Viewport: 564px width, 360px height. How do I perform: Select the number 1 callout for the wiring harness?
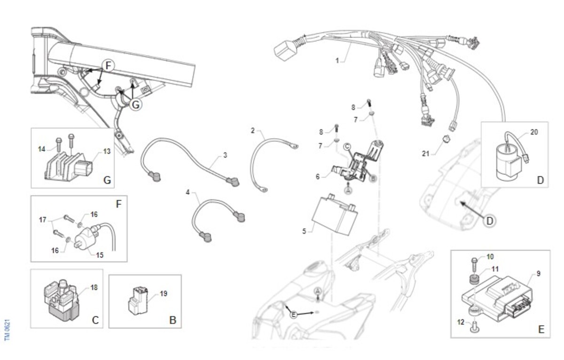[x=337, y=61]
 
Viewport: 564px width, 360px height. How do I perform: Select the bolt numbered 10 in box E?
[x=474, y=262]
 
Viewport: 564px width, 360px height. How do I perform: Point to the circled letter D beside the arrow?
[x=490, y=219]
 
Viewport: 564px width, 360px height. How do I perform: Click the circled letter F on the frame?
[x=109, y=66]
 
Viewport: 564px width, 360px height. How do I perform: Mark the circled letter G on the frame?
[x=135, y=104]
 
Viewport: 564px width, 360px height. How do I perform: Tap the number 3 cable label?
[x=225, y=155]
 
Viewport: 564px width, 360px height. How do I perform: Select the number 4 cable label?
[x=188, y=193]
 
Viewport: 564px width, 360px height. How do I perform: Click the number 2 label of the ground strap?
[x=252, y=130]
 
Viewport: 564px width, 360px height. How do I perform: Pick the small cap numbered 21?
[x=447, y=138]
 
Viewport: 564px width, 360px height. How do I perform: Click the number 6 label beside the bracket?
[x=318, y=176]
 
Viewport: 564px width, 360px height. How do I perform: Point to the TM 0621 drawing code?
[x=7, y=330]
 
